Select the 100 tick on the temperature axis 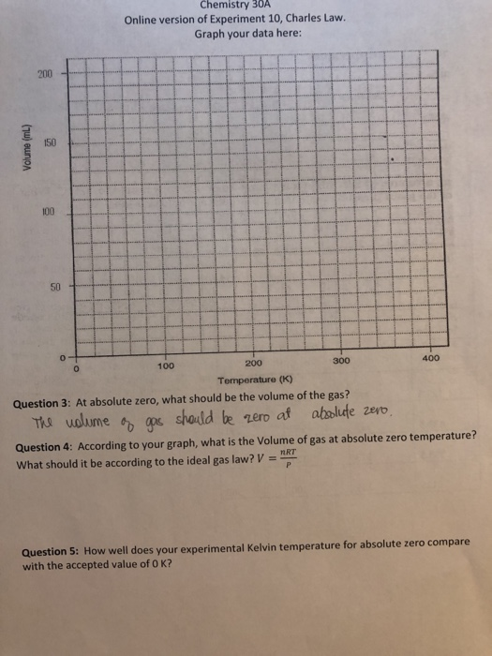tap(167, 366)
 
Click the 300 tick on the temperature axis tap(341, 362)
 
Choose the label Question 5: tap(54, 552)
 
